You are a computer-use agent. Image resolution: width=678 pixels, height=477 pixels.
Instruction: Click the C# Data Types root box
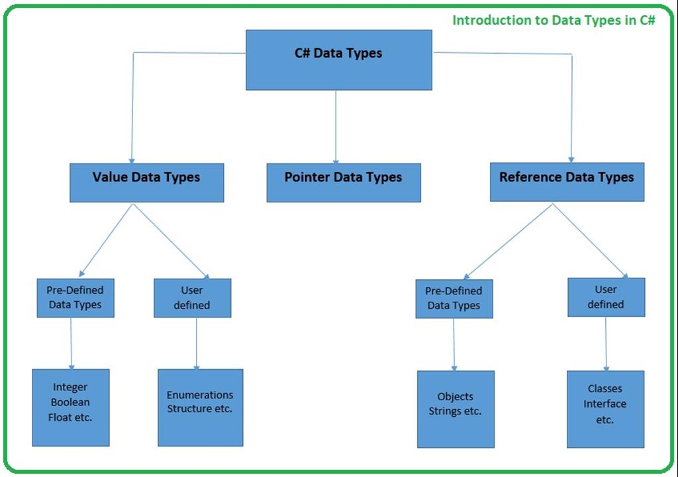coord(338,60)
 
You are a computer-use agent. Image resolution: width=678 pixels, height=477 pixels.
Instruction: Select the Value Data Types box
coord(146,183)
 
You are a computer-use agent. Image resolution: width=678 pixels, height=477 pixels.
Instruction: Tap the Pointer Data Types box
coord(343,183)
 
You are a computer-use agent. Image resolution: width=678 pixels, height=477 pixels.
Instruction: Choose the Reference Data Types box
coord(567,182)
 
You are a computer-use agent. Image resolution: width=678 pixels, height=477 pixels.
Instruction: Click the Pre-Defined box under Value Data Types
coord(75,297)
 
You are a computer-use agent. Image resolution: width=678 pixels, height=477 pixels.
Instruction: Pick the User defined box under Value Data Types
coord(192,298)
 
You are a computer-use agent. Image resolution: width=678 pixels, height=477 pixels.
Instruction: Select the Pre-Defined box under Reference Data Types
coord(454,298)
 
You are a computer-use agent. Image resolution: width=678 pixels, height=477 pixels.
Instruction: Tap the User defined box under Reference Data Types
coord(606,297)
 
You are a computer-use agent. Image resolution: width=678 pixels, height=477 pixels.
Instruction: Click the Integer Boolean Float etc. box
coord(70,407)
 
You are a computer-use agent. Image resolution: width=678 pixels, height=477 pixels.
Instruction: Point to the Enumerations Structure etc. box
coord(200,407)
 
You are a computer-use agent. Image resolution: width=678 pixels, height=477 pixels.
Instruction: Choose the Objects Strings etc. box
coord(456,409)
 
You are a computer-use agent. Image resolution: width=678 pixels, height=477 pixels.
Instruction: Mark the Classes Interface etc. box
coord(605,409)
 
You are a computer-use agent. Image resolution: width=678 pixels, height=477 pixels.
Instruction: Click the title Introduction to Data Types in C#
coord(554,20)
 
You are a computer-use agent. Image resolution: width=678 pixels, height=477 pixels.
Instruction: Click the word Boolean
coord(70,402)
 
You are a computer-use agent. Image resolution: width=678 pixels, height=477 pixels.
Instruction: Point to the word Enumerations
coord(200,395)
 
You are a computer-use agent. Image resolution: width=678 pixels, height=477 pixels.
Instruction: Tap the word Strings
coord(445,411)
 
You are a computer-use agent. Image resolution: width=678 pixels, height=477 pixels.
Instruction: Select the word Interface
coord(605,404)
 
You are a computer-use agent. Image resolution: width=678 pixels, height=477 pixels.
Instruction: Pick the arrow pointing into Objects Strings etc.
coord(454,344)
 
